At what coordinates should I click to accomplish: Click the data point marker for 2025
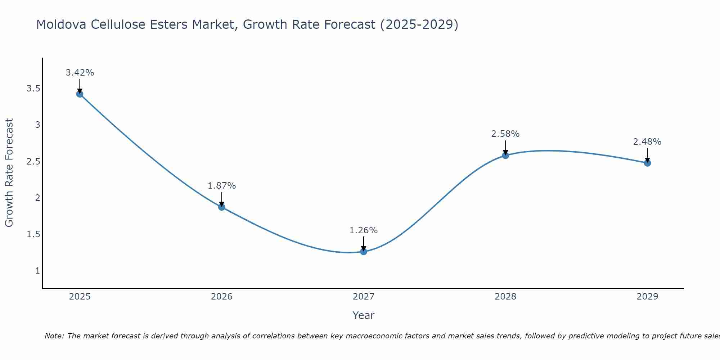click(x=80, y=94)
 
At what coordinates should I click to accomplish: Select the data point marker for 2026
click(x=222, y=207)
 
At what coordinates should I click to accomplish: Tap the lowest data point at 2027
click(x=364, y=251)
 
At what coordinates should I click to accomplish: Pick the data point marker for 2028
click(x=505, y=155)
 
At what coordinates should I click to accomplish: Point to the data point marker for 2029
click(x=647, y=163)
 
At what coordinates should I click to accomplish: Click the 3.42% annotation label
click(x=80, y=73)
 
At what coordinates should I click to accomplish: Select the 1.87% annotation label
click(x=222, y=186)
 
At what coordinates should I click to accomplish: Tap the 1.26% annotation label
click(x=364, y=230)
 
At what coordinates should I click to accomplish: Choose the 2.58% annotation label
click(x=505, y=134)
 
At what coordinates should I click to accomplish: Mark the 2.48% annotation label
click(x=647, y=142)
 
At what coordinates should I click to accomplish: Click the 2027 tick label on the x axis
click(x=364, y=297)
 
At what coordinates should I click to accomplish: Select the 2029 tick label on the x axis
click(x=647, y=297)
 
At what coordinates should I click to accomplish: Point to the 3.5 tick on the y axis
click(x=33, y=89)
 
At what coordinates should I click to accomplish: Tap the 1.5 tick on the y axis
click(x=33, y=234)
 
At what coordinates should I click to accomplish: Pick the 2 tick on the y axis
click(x=37, y=198)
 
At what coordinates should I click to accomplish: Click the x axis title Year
click(x=364, y=315)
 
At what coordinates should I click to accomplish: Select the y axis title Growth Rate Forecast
click(x=9, y=173)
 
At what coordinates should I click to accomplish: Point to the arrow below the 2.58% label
click(x=505, y=147)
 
